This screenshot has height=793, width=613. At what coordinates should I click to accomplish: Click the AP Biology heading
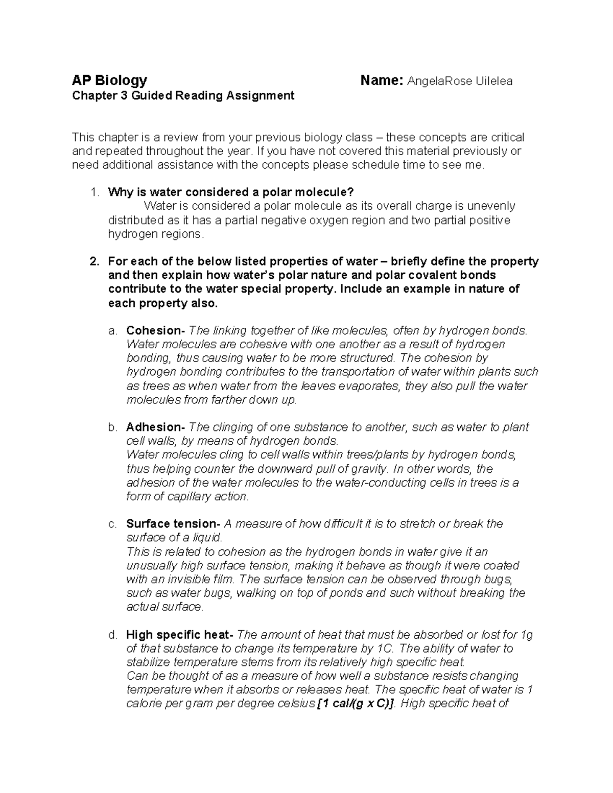(x=109, y=81)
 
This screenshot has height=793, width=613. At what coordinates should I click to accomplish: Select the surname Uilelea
(x=494, y=81)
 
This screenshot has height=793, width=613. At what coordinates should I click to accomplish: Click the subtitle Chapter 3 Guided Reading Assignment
(x=183, y=95)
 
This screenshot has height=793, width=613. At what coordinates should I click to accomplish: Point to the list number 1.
(x=93, y=193)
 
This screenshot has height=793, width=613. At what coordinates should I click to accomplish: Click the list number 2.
(x=93, y=262)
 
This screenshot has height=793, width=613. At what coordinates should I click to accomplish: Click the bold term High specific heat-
(x=180, y=635)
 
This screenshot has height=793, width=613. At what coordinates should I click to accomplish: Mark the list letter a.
(x=112, y=331)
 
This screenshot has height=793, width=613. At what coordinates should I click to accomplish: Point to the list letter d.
(x=112, y=635)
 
